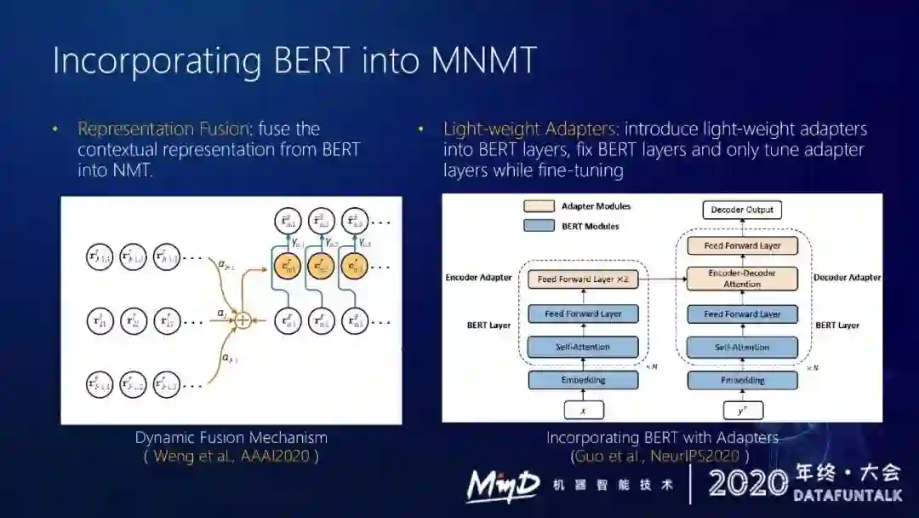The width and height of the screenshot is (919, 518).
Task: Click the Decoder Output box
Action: (x=742, y=210)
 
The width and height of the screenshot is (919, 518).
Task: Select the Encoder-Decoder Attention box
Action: (x=742, y=279)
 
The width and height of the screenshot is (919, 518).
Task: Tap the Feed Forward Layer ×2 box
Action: (x=583, y=279)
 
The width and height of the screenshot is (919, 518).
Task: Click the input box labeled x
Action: (x=583, y=410)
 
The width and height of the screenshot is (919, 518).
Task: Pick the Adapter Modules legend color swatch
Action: (x=540, y=206)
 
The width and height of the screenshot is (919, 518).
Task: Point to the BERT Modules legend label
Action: (x=590, y=226)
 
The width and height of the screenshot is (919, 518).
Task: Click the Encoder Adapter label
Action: (x=478, y=278)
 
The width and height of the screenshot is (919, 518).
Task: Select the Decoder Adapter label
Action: (x=847, y=278)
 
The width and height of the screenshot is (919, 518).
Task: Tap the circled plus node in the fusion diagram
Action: (x=243, y=320)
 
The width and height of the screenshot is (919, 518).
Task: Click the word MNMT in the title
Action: (x=484, y=61)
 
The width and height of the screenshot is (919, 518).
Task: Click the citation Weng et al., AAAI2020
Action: (x=231, y=456)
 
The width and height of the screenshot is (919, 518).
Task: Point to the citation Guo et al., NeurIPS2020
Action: (x=661, y=456)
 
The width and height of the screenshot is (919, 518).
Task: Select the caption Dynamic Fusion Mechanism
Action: (x=231, y=437)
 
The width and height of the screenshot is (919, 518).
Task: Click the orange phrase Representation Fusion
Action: (x=163, y=129)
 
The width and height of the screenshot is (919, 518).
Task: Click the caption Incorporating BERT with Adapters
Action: (x=662, y=437)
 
